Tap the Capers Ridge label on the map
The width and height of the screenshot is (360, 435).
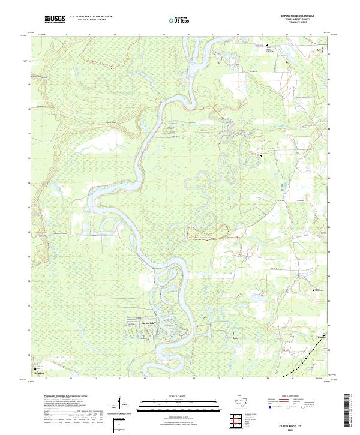tap(110, 118)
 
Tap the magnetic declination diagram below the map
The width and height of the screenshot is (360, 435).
tap(124, 409)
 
